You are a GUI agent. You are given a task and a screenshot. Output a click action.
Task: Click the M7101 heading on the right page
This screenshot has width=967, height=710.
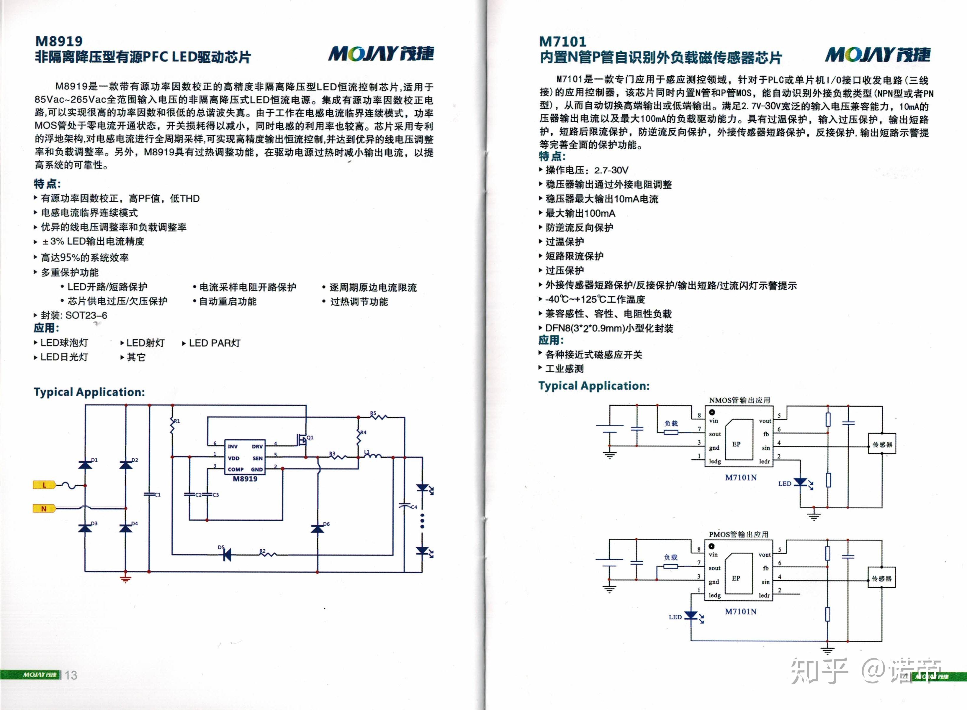coord(563,42)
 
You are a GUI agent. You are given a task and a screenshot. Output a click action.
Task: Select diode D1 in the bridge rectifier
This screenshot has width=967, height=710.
coord(85,464)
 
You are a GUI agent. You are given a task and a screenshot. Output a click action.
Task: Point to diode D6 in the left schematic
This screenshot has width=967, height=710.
coord(318,528)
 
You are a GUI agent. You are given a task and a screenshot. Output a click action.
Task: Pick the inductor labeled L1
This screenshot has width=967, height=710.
coord(372,456)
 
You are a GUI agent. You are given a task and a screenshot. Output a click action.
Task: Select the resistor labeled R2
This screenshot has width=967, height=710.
coord(268,554)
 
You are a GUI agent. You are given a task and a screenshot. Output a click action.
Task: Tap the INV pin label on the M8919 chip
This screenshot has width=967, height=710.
coord(233,446)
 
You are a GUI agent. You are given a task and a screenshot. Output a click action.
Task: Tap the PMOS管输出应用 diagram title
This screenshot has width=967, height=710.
coord(739,534)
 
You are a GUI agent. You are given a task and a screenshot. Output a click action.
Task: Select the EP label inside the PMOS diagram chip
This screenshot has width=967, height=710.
coord(736,578)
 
